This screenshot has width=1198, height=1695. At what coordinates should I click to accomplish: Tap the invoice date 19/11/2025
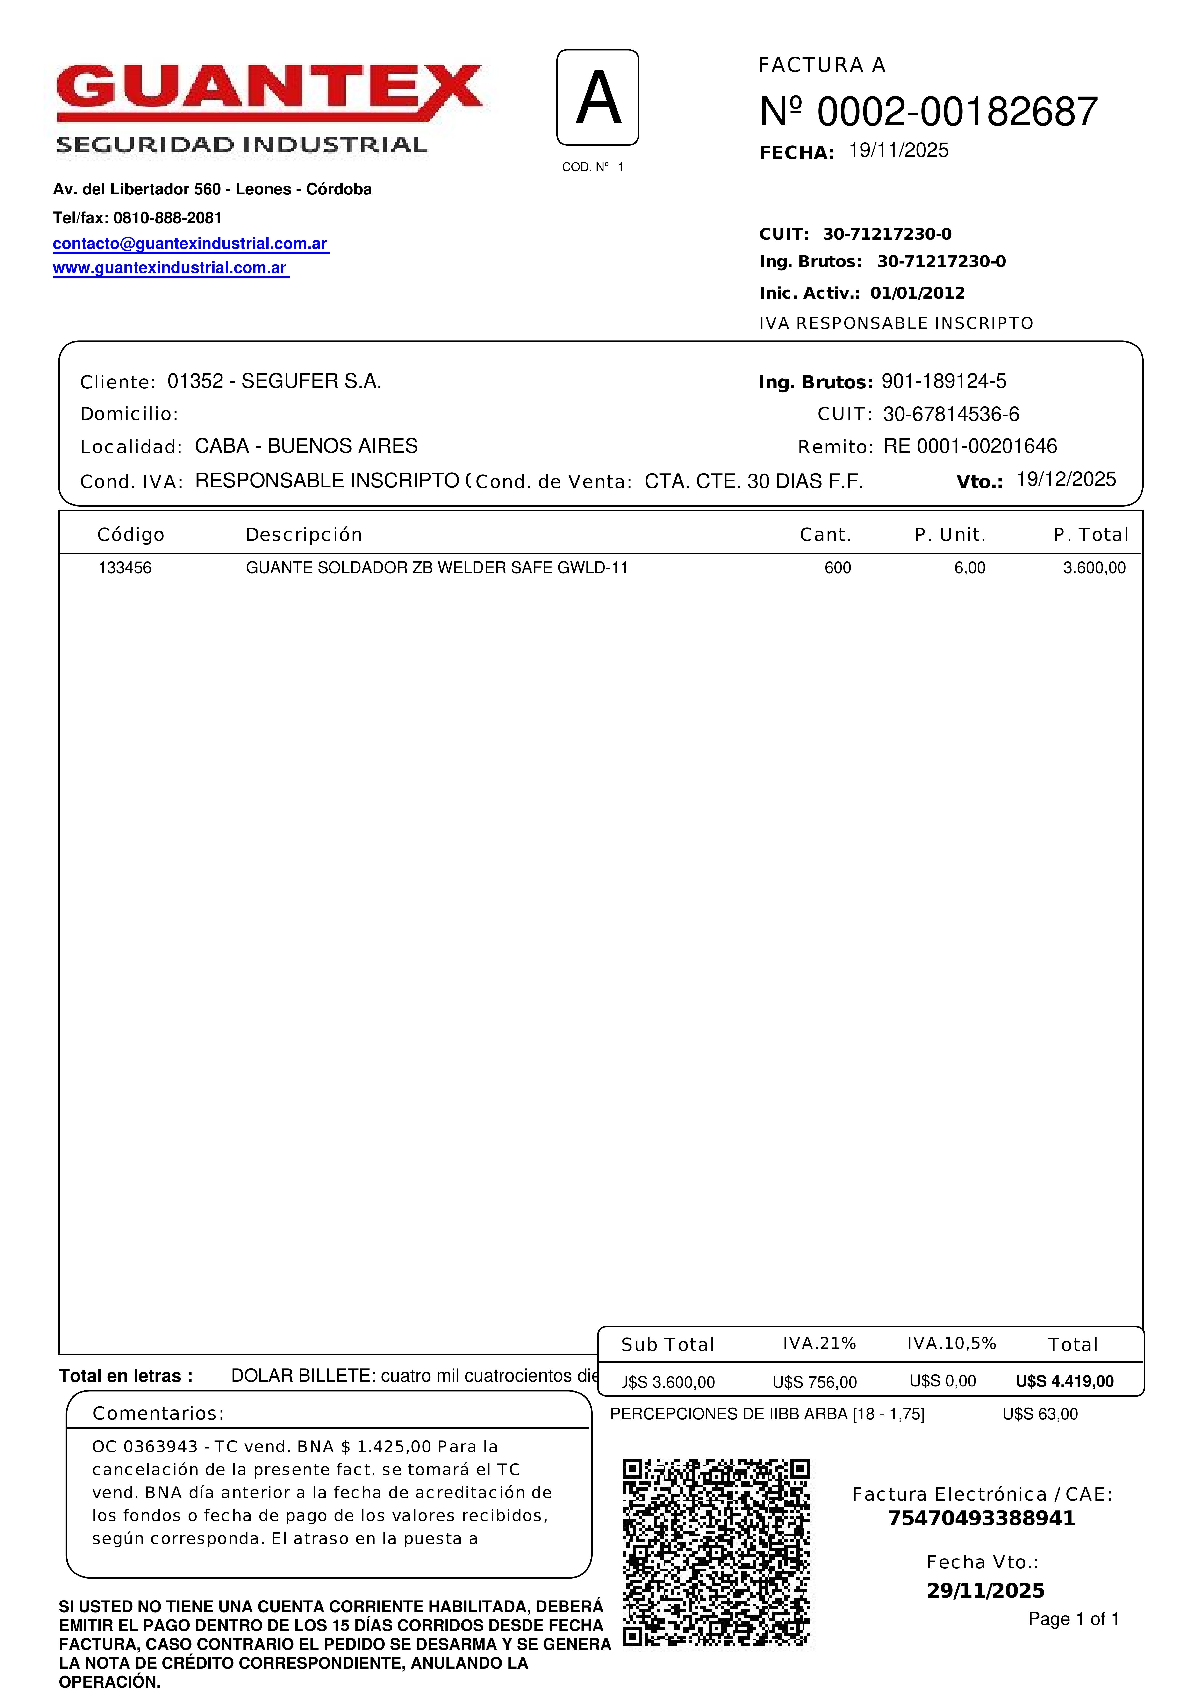pyautogui.click(x=898, y=151)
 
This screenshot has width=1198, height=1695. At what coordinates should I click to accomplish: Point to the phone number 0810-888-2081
pyautogui.click(x=168, y=218)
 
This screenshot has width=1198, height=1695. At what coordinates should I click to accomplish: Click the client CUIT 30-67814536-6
pyautogui.click(x=951, y=414)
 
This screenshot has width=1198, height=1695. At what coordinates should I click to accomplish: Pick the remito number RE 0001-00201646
pyautogui.click(x=970, y=446)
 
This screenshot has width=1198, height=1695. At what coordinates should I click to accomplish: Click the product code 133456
pyautogui.click(x=125, y=568)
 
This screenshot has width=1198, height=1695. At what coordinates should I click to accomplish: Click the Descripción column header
pyautogui.click(x=303, y=534)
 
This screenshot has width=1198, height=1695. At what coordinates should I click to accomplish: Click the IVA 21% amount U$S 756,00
pyautogui.click(x=814, y=1382)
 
